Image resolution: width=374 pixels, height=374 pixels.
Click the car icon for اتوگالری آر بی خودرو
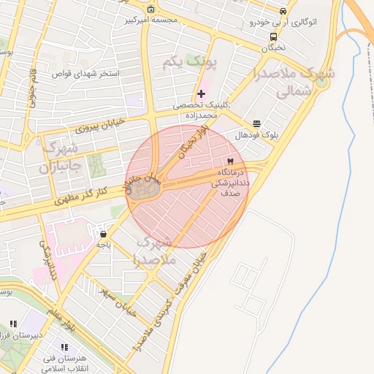pos(283,12)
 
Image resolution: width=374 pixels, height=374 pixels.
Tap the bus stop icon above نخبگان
pos(273,37)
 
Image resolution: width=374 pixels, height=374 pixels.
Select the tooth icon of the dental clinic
pos(231,161)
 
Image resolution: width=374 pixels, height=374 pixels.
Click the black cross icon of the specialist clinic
pos(202,93)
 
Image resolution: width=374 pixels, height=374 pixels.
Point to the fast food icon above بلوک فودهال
pos(256,124)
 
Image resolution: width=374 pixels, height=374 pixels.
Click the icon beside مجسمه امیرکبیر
pos(150,9)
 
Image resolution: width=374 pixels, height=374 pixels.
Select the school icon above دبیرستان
pos(13,324)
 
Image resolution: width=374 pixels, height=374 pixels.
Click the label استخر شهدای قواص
pos(83,74)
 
